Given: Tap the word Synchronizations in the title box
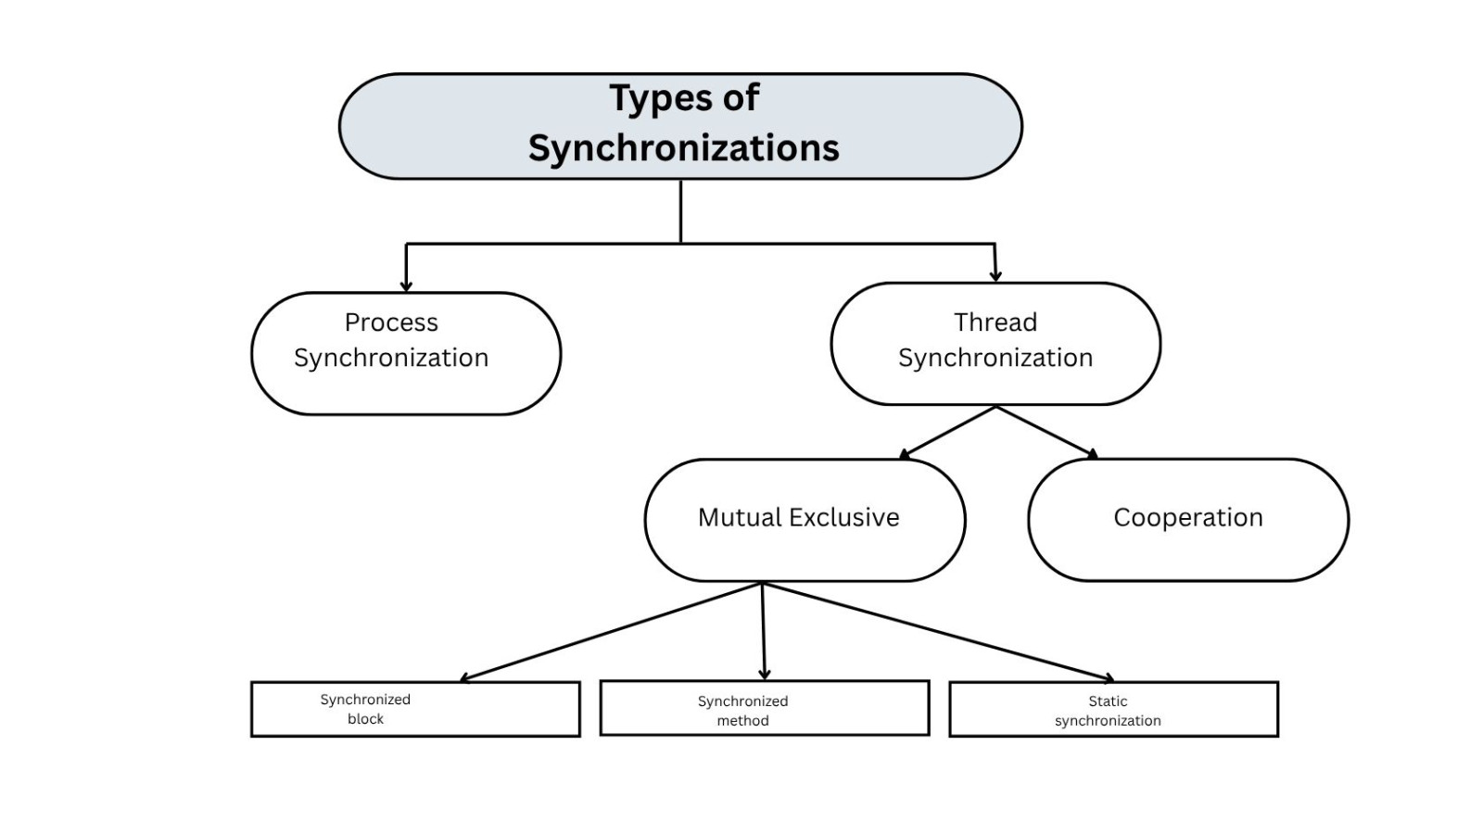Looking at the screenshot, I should coord(683,148).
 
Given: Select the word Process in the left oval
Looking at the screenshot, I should coord(391,322).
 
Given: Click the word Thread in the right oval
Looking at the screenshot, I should coord(995,322).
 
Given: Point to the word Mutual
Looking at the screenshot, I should coord(739,517).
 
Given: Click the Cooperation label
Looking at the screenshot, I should coord(1187,517).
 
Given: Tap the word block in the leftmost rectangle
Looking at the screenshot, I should coord(365,719).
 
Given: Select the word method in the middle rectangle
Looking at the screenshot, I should coord(742,721).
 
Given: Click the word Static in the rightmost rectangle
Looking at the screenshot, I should coord(1108,701).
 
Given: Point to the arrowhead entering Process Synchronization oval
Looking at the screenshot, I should coord(406,286).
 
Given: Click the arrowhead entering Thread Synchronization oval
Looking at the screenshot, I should coord(995,276).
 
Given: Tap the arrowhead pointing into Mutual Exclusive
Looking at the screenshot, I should coord(905,454).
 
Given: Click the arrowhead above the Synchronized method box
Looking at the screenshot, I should coord(765,675).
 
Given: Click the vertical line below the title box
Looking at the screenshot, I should coord(681,211).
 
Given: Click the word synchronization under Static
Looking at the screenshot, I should coord(1108,721).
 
